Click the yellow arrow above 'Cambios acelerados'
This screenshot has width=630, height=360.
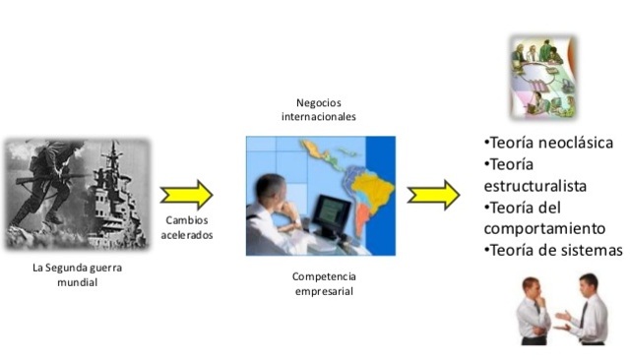pos(186,195)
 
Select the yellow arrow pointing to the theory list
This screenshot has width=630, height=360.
pos(433,195)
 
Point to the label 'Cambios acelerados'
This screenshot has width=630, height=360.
pos(186,229)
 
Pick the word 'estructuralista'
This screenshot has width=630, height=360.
pos(535,185)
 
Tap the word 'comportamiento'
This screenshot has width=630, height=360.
pos(546,228)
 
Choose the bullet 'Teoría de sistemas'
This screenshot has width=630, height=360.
pos(554,250)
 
